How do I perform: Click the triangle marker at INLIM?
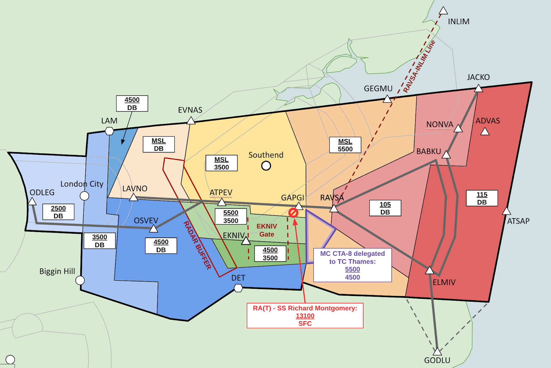[443, 11]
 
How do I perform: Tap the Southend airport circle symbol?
[266, 166]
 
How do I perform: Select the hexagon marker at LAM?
[109, 131]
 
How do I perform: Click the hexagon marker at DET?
[238, 288]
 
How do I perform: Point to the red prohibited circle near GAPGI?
[293, 213]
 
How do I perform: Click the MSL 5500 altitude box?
[345, 145]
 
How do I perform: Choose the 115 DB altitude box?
[482, 198]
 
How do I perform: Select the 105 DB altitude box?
[385, 208]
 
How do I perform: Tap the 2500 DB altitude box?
[58, 212]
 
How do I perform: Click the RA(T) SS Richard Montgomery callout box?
[305, 316]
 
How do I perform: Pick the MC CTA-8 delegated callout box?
[352, 265]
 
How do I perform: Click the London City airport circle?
[84, 196]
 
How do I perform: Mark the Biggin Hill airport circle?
[80, 280]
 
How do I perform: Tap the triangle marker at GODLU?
[437, 352]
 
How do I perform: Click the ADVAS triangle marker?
[485, 132]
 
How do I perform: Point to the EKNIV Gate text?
[267, 230]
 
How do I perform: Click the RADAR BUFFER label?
[197, 245]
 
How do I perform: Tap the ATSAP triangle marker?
[507, 211]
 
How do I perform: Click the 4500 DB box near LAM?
[132, 104]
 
